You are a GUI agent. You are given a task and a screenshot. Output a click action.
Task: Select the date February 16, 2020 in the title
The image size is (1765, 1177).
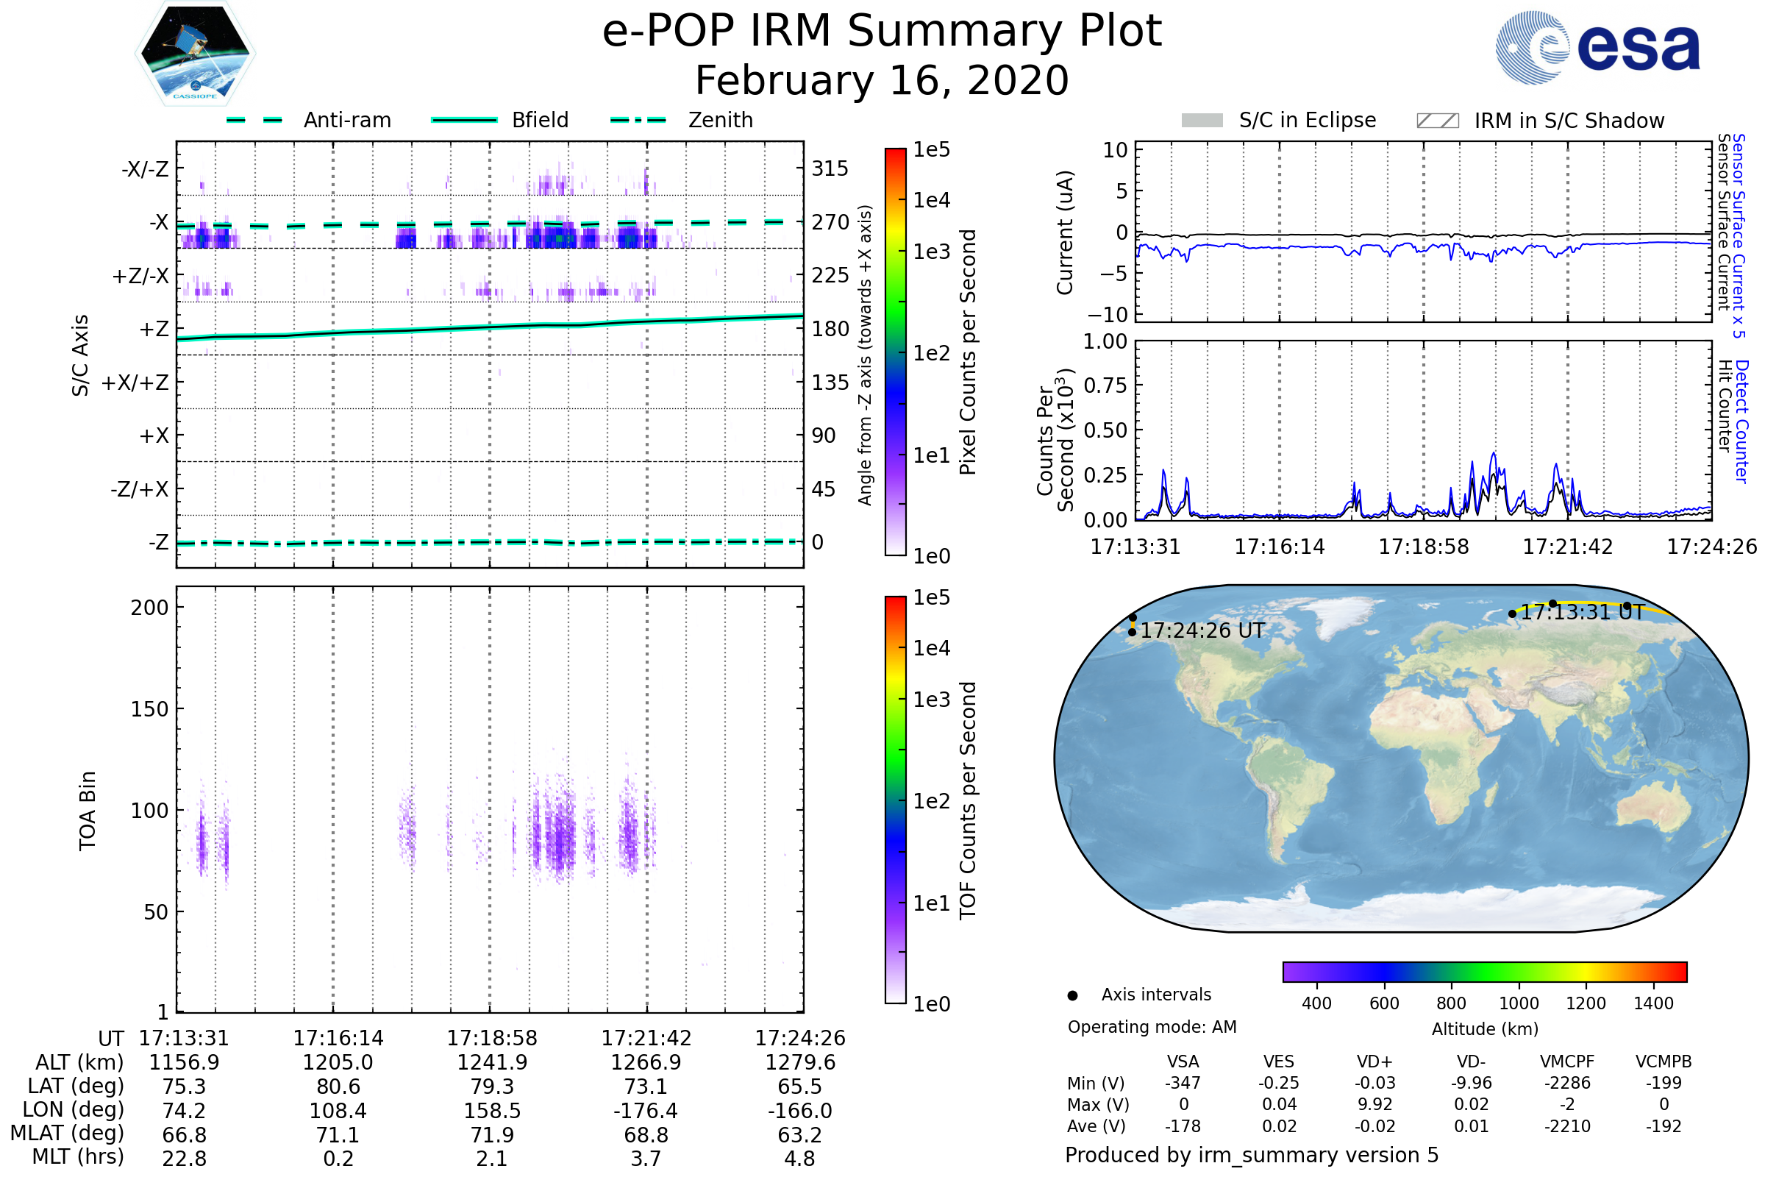point(882,81)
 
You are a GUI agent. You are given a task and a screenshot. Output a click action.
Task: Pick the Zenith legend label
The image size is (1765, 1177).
point(721,120)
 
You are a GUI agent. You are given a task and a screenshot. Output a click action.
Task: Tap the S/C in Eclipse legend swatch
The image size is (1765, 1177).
point(1202,121)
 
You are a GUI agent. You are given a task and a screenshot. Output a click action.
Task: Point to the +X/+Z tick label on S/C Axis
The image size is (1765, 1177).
point(135,383)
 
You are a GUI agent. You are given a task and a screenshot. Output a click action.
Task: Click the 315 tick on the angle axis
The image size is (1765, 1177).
point(830,169)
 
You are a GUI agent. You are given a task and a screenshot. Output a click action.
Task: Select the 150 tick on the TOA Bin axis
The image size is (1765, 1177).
point(149,709)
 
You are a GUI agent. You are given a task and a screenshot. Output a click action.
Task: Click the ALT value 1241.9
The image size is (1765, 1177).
point(492,1063)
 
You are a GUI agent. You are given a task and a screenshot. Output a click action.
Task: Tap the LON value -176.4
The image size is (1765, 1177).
point(646,1111)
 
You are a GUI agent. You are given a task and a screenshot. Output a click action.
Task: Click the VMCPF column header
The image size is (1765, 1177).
point(1567,1062)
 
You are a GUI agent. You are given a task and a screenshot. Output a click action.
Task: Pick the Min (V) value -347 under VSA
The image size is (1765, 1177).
point(1183,1083)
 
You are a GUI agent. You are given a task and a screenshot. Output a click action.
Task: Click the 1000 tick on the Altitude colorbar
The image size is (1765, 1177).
point(1519,1003)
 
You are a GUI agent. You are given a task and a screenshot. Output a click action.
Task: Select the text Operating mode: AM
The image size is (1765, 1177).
point(1152,1027)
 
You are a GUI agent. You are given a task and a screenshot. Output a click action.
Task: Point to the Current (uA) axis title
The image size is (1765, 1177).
point(1066,232)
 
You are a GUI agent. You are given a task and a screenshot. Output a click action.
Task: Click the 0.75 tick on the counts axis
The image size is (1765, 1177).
point(1105,385)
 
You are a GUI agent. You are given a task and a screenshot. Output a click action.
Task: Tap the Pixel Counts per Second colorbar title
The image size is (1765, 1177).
point(968,352)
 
